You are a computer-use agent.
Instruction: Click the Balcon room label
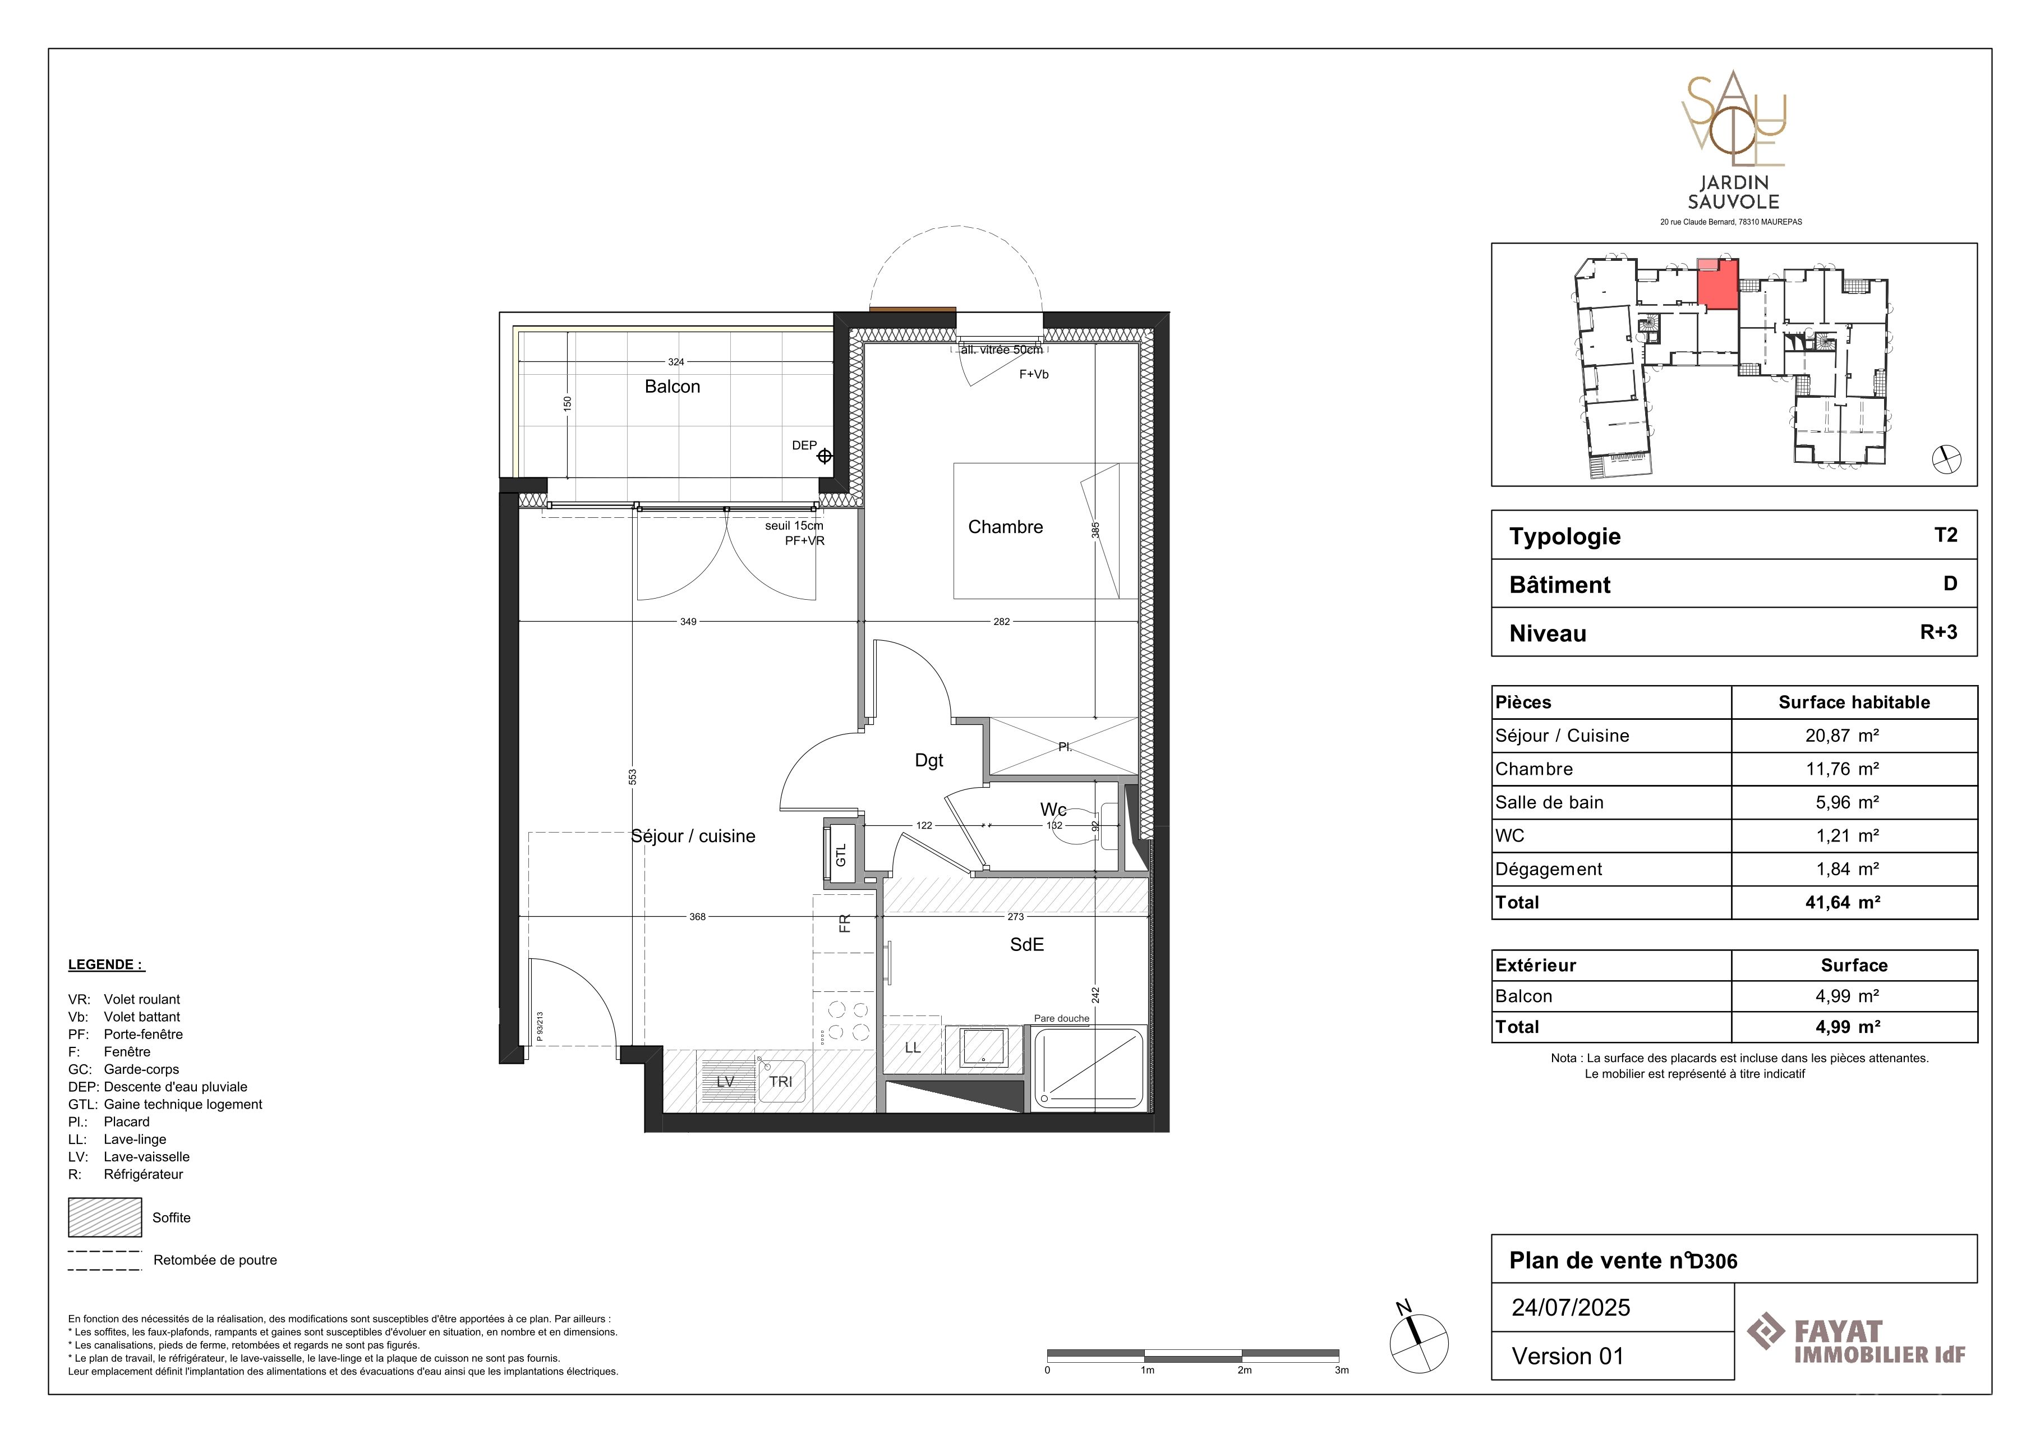click(x=672, y=387)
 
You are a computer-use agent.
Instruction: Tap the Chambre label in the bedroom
click(x=1005, y=527)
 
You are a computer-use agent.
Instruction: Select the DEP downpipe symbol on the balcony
click(x=825, y=456)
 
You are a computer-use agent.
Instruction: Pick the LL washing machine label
click(x=913, y=1047)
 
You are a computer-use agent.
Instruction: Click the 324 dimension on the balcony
click(x=676, y=362)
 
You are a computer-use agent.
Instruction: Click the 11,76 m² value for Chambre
click(x=1842, y=770)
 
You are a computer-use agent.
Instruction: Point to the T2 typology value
click(x=1946, y=535)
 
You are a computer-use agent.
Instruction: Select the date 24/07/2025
click(x=1571, y=1307)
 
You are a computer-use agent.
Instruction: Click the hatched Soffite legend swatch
click(x=105, y=1217)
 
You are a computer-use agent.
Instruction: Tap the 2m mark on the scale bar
click(x=1244, y=1370)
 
